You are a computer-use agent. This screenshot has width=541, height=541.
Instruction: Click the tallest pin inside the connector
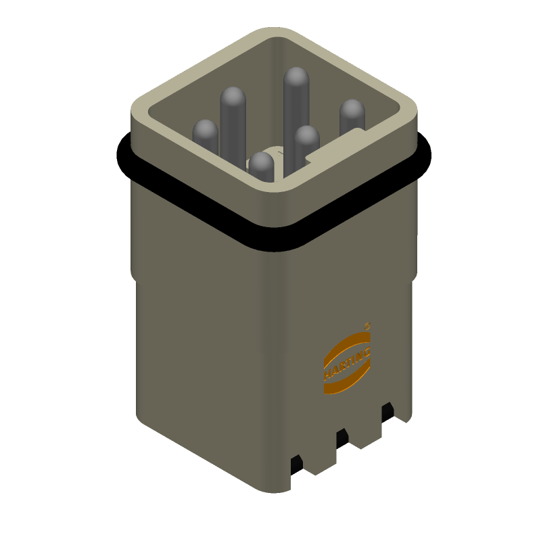point(296,101)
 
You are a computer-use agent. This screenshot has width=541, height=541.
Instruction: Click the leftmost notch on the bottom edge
point(296,467)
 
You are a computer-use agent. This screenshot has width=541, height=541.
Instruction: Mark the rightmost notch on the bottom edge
point(387,413)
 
